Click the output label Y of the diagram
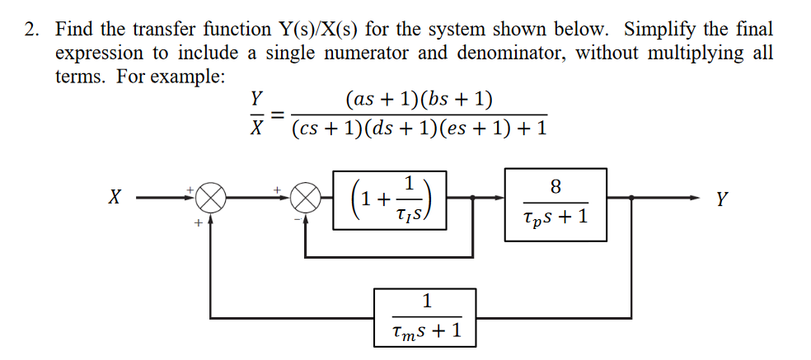(722, 199)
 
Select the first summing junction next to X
(211, 199)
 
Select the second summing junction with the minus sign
(306, 199)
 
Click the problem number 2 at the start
(30, 30)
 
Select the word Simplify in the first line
(659, 30)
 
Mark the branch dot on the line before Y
(631, 199)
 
